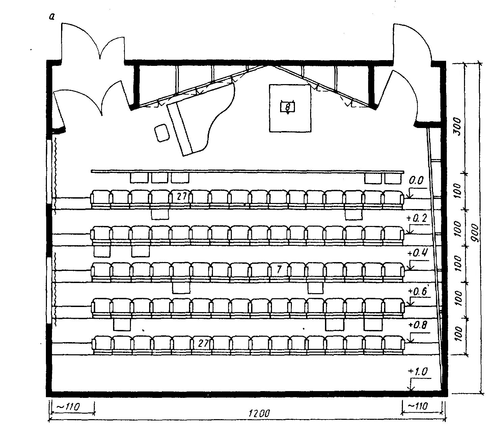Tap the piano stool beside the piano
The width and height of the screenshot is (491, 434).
pos(161,133)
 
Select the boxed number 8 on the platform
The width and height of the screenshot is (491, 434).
pos(288,107)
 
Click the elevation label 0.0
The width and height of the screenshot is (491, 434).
pos(416,181)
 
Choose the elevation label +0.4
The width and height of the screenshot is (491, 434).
pos(417,253)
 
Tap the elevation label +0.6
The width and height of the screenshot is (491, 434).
pos(417,291)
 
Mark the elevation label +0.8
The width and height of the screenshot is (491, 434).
pos(417,325)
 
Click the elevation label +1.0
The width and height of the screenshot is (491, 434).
pos(417,372)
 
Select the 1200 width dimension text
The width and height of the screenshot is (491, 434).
pos(259,413)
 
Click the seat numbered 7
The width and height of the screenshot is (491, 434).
pos(279,270)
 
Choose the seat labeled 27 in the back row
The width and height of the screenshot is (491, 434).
pos(203,343)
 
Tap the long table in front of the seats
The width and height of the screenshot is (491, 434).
pos(247,172)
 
